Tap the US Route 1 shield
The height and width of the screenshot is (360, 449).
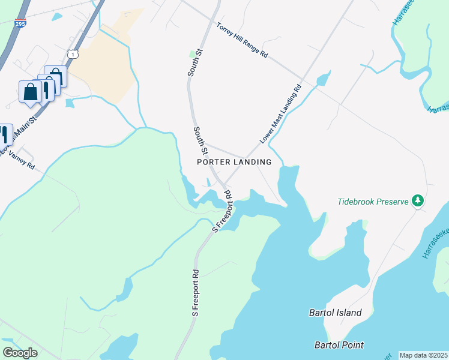point(73,54)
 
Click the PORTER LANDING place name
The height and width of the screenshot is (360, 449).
point(234,162)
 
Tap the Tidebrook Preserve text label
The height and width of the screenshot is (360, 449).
point(372,202)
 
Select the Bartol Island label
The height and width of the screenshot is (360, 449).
point(336,313)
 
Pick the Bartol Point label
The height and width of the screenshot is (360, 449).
point(339,345)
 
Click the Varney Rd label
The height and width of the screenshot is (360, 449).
point(23,160)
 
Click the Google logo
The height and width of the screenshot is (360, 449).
point(20,353)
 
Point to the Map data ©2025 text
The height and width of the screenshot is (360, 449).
point(423,355)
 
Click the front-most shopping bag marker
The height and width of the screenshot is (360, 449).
point(30,92)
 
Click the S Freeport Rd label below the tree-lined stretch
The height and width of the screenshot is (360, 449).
point(196,293)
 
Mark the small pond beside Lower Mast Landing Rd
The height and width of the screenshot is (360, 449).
point(323,79)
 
